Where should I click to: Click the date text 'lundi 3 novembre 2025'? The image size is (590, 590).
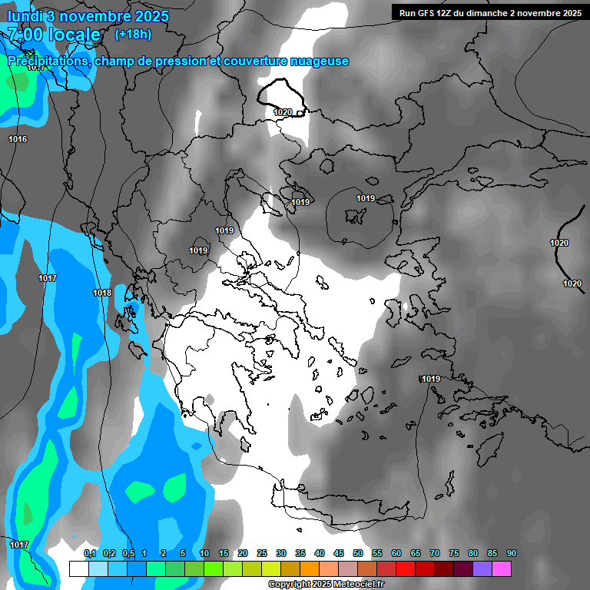coord(88,16)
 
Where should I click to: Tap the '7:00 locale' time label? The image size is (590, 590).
coord(54,35)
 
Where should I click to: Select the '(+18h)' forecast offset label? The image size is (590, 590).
coord(133,35)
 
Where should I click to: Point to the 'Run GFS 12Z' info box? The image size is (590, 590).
coord(489,12)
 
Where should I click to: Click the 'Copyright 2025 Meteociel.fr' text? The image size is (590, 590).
coord(326,585)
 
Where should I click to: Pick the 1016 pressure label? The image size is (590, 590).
coord(18,139)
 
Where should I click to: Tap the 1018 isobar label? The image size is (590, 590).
coord(102,293)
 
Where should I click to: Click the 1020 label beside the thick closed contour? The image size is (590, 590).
coord(283,112)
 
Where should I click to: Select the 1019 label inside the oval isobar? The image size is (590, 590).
coord(366,199)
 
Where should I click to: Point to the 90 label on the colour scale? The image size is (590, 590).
coord(512,553)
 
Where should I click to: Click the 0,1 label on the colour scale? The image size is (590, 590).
coord(89,553)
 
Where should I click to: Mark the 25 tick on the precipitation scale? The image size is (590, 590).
coord(262,553)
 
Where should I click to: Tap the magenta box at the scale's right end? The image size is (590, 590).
coord(502,568)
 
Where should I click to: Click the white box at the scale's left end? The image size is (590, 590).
coord(78,568)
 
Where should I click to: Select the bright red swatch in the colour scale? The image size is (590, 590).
coord(406,568)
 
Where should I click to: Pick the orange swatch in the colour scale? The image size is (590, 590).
coord(310,568)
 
